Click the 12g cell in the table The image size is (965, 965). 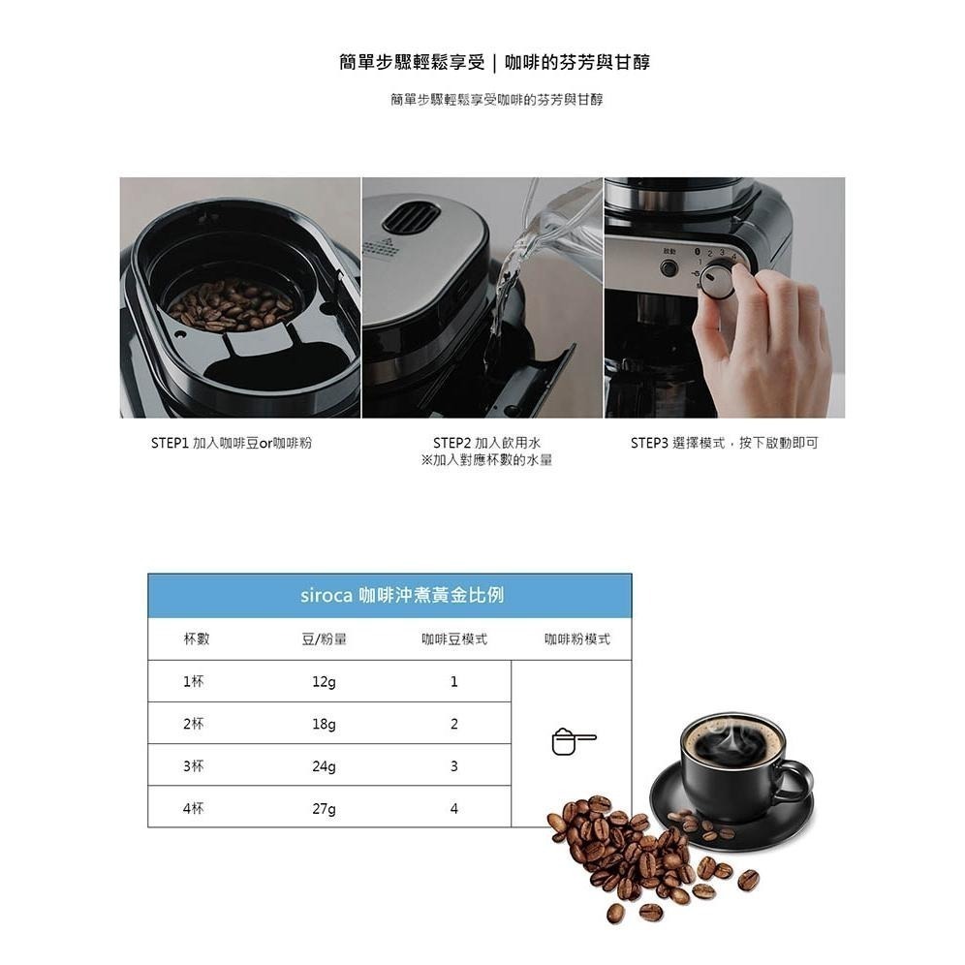click(324, 682)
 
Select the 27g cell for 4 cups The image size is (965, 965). click(324, 809)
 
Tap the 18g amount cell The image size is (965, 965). click(324, 725)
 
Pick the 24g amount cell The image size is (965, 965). click(324, 766)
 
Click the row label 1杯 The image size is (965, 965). click(194, 682)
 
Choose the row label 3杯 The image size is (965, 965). click(194, 766)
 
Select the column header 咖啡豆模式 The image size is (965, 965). click(453, 639)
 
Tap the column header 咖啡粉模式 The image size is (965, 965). click(576, 639)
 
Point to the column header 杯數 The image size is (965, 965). click(196, 639)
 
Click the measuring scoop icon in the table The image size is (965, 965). click(573, 742)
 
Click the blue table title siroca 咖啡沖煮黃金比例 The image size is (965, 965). click(389, 596)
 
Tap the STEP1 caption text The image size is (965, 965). click(232, 443)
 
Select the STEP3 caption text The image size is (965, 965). click(724, 443)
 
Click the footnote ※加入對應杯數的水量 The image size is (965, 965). click(486, 460)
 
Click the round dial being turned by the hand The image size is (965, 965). click(718, 281)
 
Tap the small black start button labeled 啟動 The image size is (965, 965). click(669, 268)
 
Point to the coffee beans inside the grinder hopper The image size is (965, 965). click(231, 304)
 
